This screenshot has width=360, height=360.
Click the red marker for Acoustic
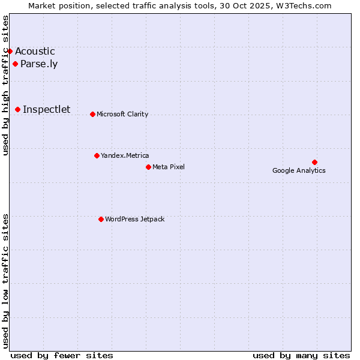coord(10,51)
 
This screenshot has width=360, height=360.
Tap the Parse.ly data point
coord(15,64)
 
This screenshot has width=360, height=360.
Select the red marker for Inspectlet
coord(18,109)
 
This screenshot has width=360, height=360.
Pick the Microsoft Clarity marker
coord(92,114)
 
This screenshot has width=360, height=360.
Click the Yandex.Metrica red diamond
coord(97,155)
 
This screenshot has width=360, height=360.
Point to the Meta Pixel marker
coord(148,167)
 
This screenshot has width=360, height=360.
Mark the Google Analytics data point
coord(314,162)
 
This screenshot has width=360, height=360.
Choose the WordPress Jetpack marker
coord(101,219)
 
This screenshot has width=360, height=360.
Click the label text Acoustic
coord(35,52)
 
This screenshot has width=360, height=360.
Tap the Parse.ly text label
coord(39,64)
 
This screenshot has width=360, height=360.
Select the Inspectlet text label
coord(46,109)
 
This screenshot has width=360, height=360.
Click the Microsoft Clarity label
coord(122,115)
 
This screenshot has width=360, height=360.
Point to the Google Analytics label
coord(299,170)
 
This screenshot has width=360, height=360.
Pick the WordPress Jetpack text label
coord(134,220)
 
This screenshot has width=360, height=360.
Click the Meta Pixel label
coord(169,167)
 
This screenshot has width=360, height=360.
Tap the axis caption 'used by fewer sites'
coord(62,355)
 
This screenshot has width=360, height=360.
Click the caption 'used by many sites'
coord(301,355)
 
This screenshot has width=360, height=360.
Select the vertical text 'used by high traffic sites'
coord(5,85)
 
